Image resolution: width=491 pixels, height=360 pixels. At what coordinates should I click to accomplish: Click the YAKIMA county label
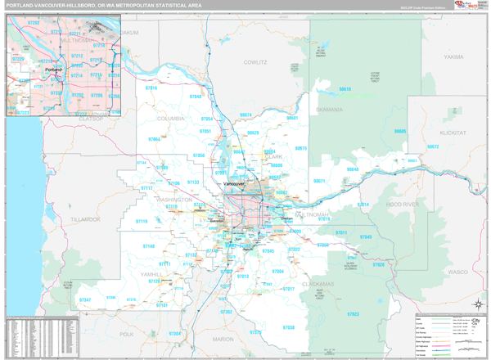coord(454,57)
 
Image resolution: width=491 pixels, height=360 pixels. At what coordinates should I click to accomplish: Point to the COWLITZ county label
coord(255,61)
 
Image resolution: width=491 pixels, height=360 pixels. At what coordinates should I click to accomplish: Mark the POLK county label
coord(126,334)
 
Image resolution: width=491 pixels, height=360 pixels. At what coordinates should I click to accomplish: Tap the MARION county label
coord(222,338)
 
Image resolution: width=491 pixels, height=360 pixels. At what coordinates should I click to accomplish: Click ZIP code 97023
coord(353,313)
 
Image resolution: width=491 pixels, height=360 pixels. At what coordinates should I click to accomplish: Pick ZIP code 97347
coord(85,301)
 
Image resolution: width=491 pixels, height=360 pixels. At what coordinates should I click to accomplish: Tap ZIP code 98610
coord(345,88)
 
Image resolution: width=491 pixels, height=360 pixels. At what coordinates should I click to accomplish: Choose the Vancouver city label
coord(234,184)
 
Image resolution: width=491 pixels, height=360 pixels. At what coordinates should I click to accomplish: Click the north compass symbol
coord(475,305)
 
